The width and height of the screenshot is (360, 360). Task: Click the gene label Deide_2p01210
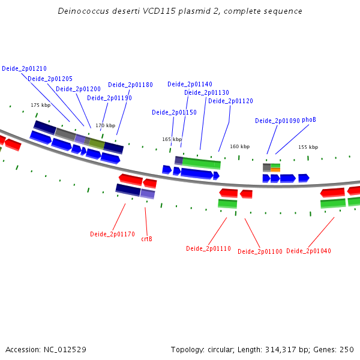24,68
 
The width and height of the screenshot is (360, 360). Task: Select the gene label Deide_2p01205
50,79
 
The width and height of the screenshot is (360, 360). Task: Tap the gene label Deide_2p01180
130,85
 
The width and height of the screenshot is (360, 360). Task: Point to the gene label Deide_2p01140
190,84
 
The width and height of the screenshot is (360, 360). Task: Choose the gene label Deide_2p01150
174,112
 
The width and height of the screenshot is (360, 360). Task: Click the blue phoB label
308,120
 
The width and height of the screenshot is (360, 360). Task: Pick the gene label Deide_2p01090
277,121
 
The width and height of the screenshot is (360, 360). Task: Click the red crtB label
146,239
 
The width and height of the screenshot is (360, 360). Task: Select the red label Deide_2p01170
112,234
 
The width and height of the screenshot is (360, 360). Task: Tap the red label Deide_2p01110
208,248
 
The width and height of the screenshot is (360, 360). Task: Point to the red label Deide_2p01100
260,251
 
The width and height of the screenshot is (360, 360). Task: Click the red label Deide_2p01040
308,251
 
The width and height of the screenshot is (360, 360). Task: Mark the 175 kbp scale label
40,105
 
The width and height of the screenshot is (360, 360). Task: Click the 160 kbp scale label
239,146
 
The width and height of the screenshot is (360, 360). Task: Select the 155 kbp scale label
308,147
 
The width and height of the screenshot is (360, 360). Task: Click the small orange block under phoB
275,170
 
